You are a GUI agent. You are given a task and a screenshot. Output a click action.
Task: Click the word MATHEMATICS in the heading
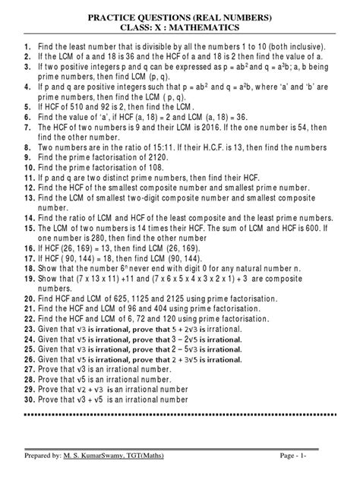tap(204, 27)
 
